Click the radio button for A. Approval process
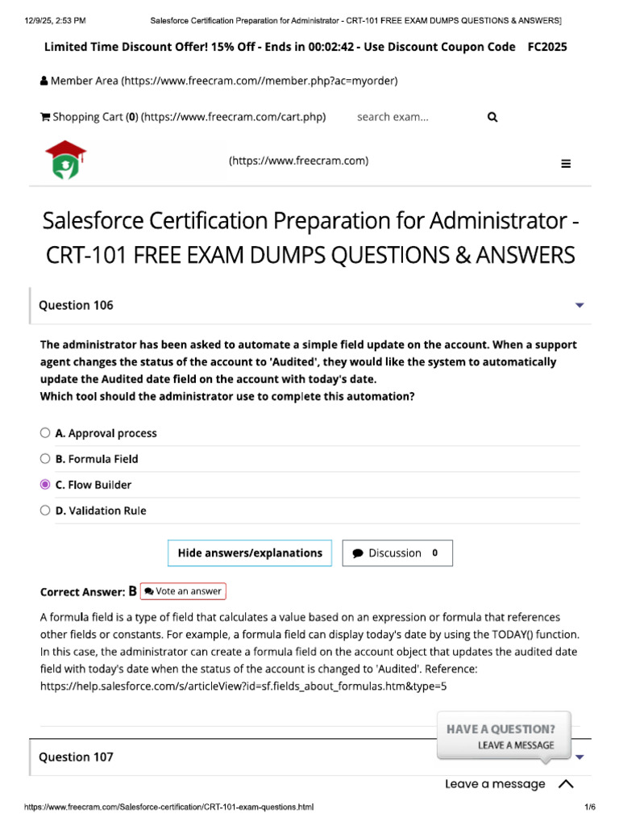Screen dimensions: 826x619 (x=45, y=433)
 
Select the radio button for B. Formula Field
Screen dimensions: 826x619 (x=45, y=459)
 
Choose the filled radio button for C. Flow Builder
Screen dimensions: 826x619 (x=45, y=485)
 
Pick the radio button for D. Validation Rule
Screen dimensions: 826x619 (x=45, y=511)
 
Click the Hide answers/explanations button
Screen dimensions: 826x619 (x=250, y=553)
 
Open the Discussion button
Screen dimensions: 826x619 (x=397, y=553)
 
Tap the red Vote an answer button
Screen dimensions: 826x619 (x=183, y=591)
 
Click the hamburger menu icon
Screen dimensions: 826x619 (x=566, y=164)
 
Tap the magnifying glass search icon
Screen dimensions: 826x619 (x=492, y=117)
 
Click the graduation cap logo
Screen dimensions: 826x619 (x=66, y=159)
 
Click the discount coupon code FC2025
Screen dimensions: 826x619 (x=547, y=47)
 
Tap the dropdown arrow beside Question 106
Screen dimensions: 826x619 (x=580, y=306)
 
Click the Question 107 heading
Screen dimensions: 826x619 (x=77, y=757)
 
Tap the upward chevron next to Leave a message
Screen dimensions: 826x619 (x=566, y=784)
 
